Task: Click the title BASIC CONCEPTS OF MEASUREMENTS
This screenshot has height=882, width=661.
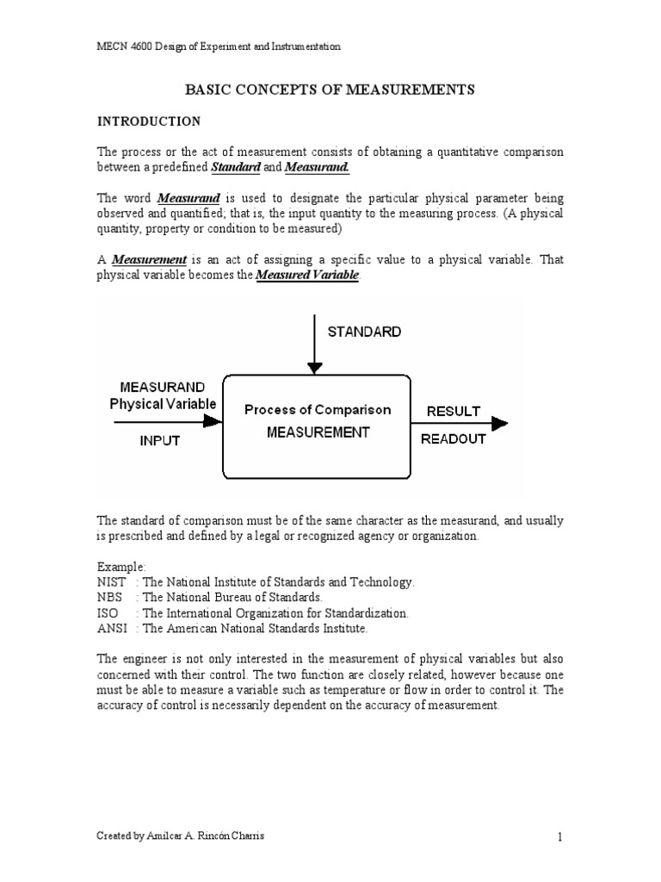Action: coord(330,90)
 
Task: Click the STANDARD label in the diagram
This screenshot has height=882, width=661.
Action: coord(362,331)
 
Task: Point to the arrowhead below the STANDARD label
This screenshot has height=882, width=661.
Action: coord(315,368)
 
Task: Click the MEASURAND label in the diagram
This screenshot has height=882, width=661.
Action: coord(162,386)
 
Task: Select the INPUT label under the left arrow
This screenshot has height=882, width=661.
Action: coord(160,440)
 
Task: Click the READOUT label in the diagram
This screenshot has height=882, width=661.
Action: coord(454,438)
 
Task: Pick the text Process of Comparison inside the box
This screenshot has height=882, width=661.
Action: coord(318,409)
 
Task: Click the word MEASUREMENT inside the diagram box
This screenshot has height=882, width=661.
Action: coord(318,432)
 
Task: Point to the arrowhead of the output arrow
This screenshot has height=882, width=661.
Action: coord(498,423)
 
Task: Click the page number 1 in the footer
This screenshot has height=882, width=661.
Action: coord(559,836)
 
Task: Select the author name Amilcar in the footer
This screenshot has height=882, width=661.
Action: coord(170,836)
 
